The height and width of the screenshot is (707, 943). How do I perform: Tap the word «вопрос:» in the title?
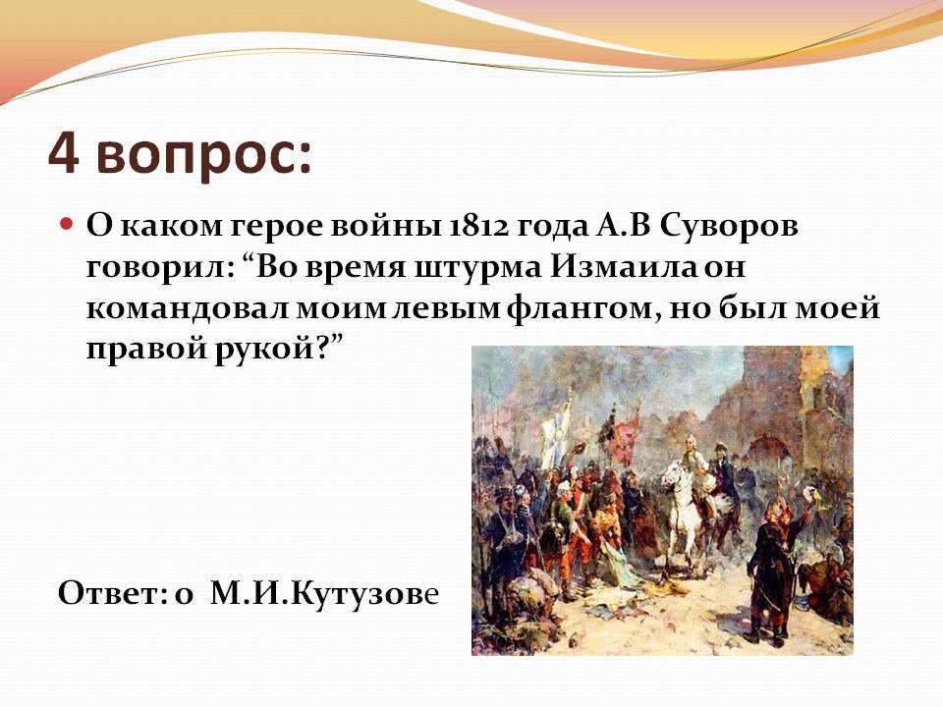pos(204,157)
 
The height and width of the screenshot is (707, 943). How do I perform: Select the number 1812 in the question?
pos(478,227)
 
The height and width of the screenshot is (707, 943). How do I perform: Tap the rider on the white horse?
pos(695,475)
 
